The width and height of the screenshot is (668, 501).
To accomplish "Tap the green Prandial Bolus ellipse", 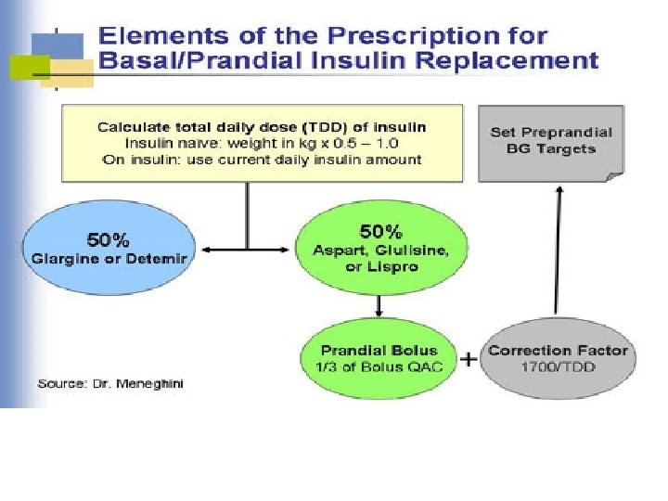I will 379,358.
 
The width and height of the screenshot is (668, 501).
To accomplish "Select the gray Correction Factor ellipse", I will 558,358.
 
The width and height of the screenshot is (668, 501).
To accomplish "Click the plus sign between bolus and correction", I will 470,358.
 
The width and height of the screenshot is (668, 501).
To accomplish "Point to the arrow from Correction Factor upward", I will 557,250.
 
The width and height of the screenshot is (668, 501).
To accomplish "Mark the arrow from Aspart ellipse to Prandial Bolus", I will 379,305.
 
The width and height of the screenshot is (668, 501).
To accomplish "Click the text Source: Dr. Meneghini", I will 109,383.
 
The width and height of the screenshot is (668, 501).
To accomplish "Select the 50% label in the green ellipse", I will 379,230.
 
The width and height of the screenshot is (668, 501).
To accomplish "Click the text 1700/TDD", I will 559,366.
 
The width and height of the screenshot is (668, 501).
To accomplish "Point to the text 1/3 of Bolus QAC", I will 378,366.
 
